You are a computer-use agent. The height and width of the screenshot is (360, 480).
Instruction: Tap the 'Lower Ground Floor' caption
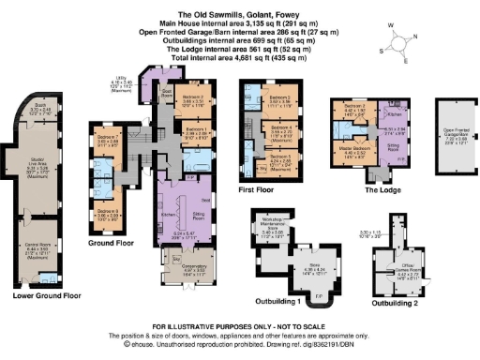click(x=41, y=295)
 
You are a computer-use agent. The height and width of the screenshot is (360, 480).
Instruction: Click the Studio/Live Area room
click(x=41, y=180)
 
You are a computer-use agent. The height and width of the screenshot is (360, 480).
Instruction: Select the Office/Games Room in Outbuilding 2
click(x=393, y=249)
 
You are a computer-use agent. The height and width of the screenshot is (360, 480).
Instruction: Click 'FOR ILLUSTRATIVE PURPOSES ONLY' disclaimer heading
click(x=239, y=322)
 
